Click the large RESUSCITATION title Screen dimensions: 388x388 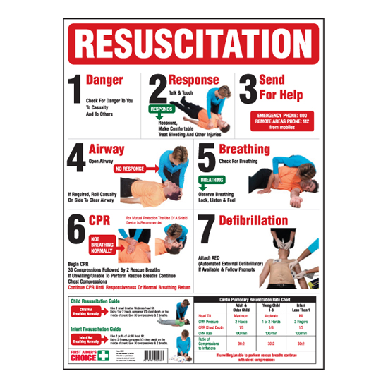click(x=194, y=43)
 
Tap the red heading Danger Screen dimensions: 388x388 click(x=104, y=80)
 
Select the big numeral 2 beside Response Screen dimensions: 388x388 click(x=157, y=90)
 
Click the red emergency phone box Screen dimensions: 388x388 click(x=284, y=119)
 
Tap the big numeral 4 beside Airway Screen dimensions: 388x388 click(x=75, y=159)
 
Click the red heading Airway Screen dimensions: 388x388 click(x=107, y=150)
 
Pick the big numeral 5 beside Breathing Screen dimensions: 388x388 click(x=205, y=159)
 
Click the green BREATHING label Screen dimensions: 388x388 click(x=212, y=180)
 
